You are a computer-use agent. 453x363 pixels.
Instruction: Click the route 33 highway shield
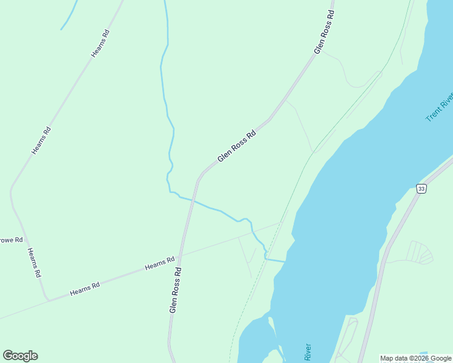click(422, 189)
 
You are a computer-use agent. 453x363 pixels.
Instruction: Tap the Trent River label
click(440, 107)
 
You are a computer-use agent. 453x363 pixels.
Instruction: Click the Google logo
click(20, 356)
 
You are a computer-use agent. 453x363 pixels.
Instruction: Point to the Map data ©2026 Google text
click(415, 358)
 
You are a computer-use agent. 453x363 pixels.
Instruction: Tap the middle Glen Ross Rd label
click(237, 146)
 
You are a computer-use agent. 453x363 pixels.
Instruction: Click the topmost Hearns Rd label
click(101, 44)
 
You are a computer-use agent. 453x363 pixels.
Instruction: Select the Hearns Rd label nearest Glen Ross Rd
click(160, 263)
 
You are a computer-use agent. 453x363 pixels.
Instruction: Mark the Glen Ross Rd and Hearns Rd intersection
click(181, 255)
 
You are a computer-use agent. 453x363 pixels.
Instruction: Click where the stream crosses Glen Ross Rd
click(193, 199)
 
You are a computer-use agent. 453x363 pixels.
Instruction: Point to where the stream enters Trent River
click(285, 261)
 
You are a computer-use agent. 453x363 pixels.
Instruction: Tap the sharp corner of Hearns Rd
click(47, 298)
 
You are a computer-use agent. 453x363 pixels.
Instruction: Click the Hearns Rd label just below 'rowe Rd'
click(34, 263)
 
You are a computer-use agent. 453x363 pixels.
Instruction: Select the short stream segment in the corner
click(69, 15)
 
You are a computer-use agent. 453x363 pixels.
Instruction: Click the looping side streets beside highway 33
click(418, 252)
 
